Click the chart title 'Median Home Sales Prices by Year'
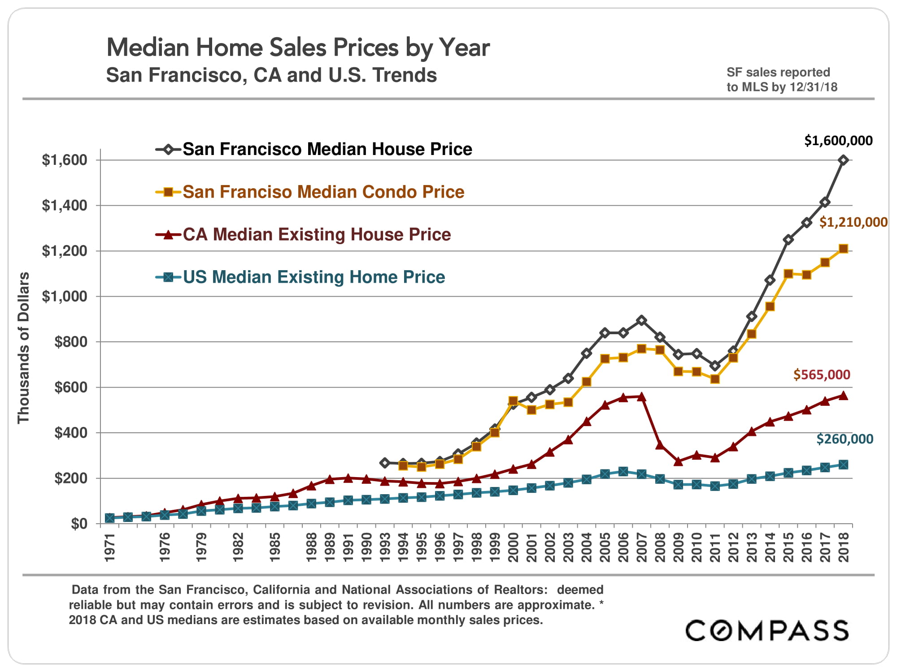coord(298,47)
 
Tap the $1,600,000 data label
coord(838,141)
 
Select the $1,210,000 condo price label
coord(853,222)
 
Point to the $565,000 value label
coord(822,375)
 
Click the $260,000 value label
coord(845,439)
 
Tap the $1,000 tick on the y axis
coord(64,296)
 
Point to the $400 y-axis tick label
coord(70,433)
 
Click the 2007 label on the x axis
coord(641,547)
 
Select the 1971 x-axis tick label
coord(110,547)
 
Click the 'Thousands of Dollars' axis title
coord(23,348)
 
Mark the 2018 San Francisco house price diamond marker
coord(843,160)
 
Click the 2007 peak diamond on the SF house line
coord(641,320)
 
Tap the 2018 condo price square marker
coord(843,249)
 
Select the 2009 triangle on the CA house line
coord(678,461)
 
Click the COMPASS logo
coord(767,630)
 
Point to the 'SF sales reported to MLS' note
coord(782,79)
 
